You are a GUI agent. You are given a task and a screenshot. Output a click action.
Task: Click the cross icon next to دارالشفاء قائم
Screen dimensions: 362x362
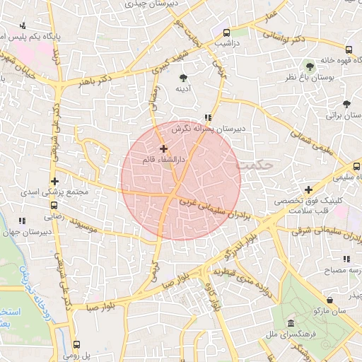164,148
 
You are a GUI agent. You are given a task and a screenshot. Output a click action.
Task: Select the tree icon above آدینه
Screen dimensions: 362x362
184,77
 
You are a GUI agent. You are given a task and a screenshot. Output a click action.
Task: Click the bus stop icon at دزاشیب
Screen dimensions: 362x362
226,33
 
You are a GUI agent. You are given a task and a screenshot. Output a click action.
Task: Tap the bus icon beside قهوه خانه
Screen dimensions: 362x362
349,49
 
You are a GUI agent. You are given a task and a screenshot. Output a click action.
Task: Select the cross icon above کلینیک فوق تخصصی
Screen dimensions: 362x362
308,189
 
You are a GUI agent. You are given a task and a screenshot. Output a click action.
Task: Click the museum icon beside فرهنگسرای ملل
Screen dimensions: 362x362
291,325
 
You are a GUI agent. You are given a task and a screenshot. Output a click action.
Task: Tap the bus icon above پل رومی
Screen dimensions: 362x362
76,344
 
